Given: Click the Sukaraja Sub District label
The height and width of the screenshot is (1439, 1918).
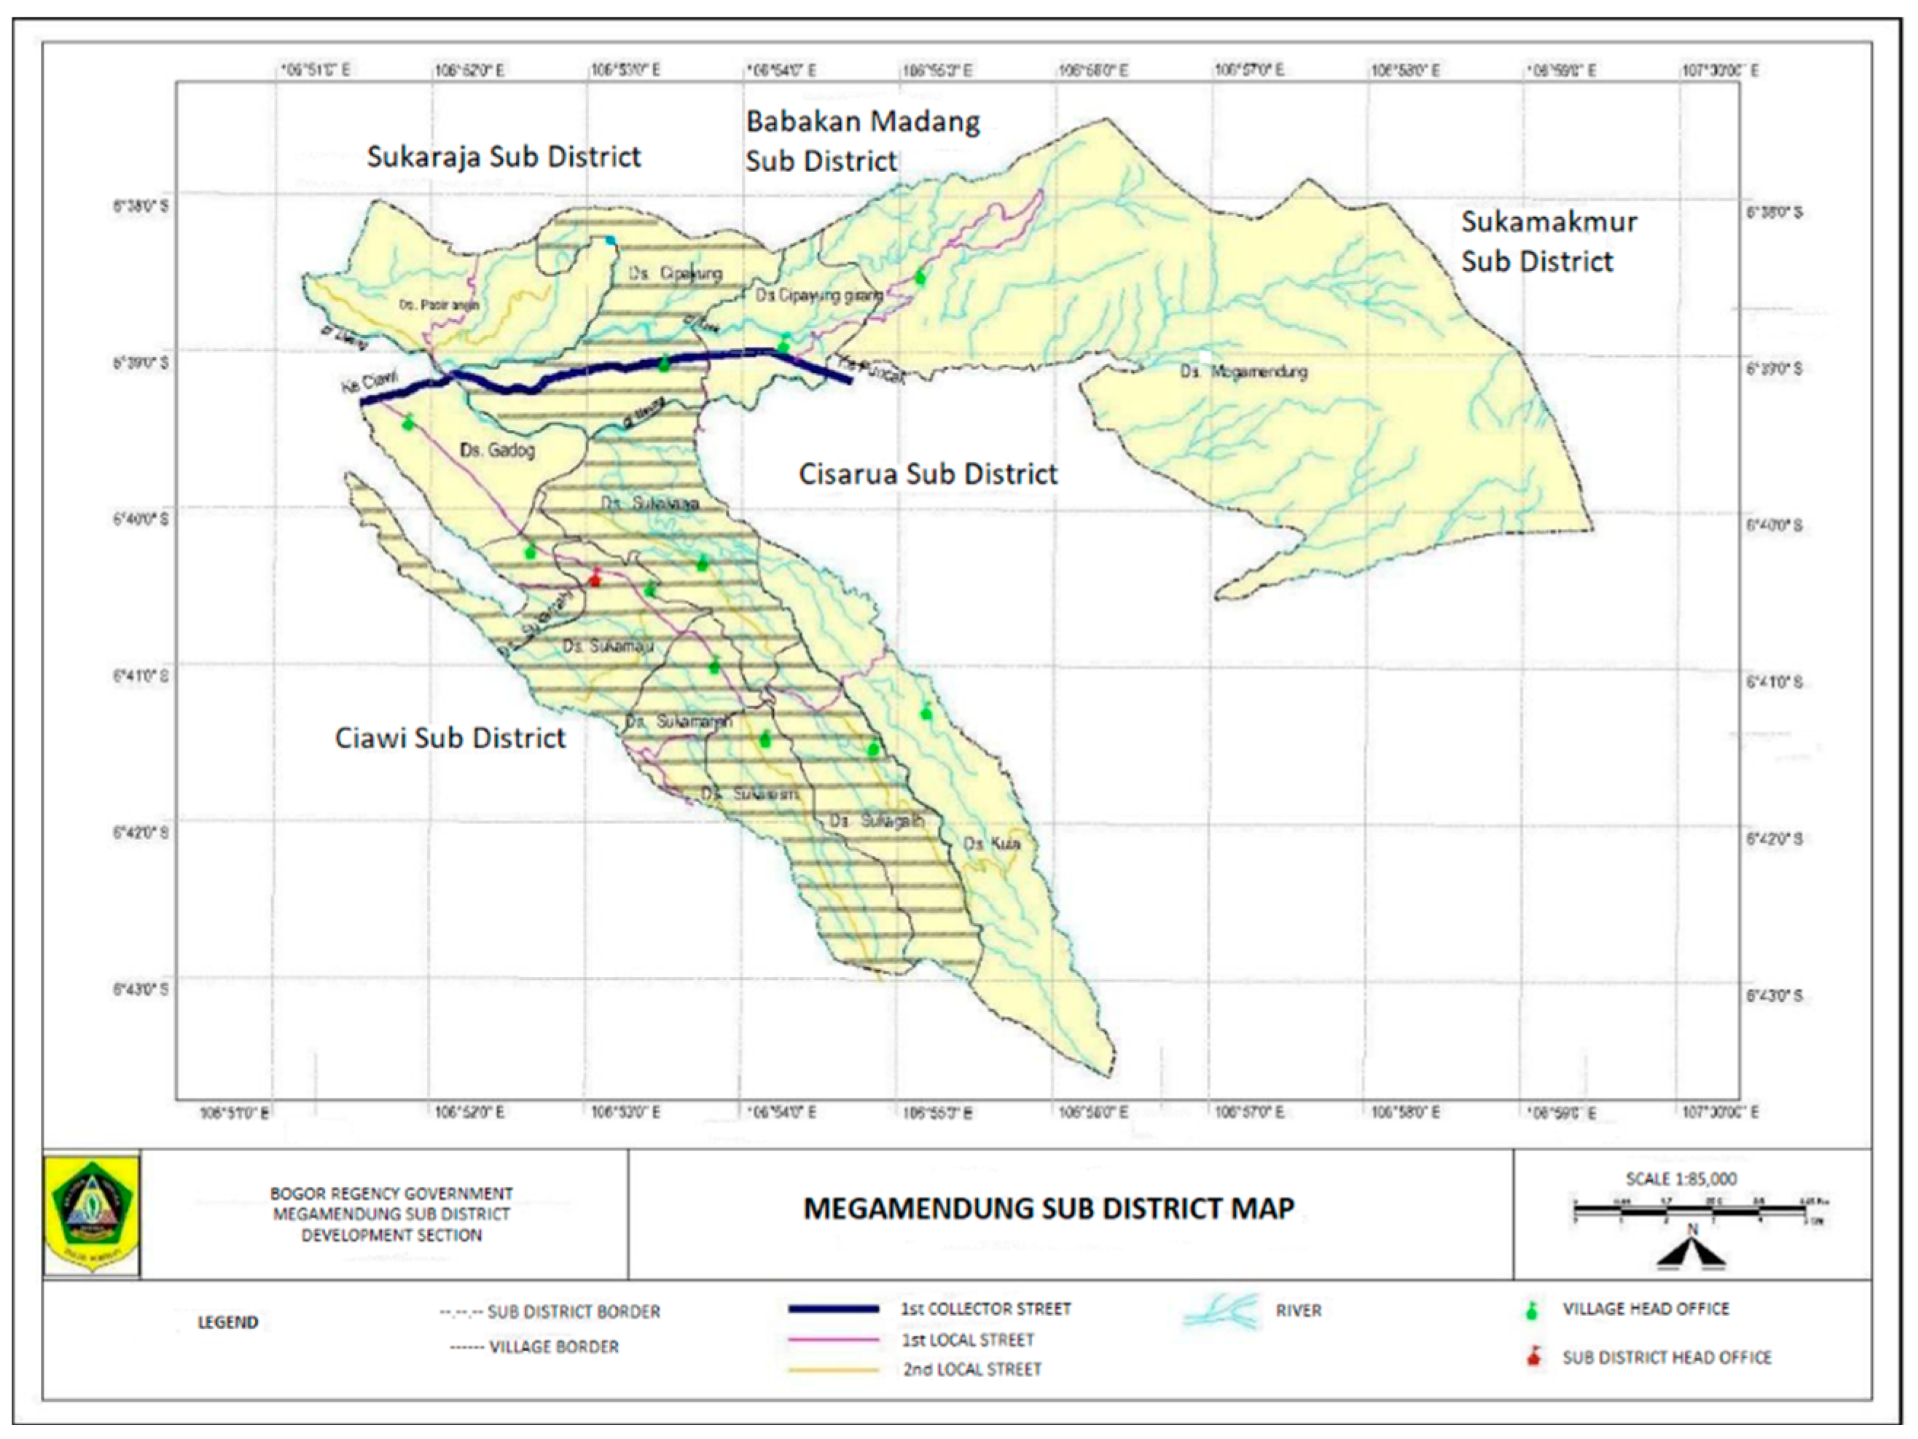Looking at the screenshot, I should (503, 157).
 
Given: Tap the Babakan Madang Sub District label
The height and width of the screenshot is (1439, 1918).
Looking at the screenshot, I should (862, 141).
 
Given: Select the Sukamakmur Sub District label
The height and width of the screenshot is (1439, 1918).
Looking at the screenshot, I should (1549, 241).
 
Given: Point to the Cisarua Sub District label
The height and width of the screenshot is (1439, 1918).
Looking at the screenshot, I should (927, 474).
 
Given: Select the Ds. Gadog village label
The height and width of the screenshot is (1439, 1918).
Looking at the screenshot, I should (497, 450).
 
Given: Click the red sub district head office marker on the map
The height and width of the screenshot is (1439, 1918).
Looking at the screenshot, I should (595, 576).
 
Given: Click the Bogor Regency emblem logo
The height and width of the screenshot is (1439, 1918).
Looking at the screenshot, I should (91, 1214).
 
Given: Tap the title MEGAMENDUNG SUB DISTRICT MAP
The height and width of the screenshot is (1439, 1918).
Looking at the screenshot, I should (1049, 1209).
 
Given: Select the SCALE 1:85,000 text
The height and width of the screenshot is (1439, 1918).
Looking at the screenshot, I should (1680, 1179).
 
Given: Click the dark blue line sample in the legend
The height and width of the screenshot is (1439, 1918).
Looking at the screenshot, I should (833, 1309).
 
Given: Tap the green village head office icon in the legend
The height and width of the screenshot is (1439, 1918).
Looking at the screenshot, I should (1533, 1311).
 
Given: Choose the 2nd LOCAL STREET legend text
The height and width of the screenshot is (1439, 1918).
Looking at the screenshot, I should (971, 1370).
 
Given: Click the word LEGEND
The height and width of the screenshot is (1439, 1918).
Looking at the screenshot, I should (228, 1322).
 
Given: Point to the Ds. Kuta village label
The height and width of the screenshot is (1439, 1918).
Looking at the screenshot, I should (992, 844).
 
